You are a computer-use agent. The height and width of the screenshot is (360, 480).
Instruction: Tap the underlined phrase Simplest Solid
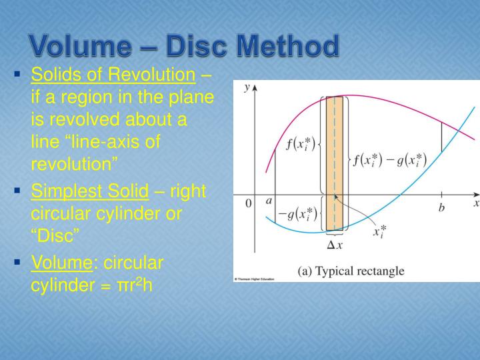click(90, 191)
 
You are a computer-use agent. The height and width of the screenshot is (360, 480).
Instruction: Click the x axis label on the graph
click(476, 205)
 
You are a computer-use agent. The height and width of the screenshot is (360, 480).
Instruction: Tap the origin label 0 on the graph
click(248, 205)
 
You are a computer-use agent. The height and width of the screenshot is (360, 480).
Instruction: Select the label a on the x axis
click(268, 201)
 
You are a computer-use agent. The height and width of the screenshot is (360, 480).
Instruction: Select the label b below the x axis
click(441, 208)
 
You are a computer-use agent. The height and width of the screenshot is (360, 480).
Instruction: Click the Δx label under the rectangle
click(335, 245)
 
